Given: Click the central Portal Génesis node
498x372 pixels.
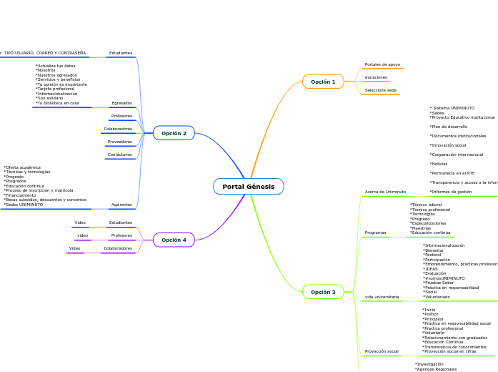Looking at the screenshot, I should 248,187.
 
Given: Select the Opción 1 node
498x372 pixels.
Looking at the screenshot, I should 323,82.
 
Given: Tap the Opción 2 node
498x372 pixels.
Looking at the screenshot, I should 174,133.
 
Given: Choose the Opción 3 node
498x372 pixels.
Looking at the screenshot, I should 323,292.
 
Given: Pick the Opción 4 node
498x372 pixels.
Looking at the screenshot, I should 174,240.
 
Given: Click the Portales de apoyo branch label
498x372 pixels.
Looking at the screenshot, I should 382,64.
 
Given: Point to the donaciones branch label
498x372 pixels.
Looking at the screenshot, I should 376,77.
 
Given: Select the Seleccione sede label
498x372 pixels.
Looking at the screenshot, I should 380,90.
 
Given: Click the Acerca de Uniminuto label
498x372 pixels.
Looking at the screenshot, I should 385,192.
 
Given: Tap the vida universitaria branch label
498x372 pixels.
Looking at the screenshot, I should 382,296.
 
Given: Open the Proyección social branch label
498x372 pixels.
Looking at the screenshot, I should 382,351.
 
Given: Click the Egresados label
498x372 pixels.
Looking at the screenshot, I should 121,103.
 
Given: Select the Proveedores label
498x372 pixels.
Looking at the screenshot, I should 120,142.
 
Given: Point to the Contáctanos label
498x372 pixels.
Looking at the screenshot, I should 119,155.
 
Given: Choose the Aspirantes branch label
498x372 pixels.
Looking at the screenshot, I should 121,205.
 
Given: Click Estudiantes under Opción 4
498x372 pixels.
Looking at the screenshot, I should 120,222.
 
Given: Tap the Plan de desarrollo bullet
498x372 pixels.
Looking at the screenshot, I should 448,127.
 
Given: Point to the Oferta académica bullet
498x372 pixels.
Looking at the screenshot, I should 23,167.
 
